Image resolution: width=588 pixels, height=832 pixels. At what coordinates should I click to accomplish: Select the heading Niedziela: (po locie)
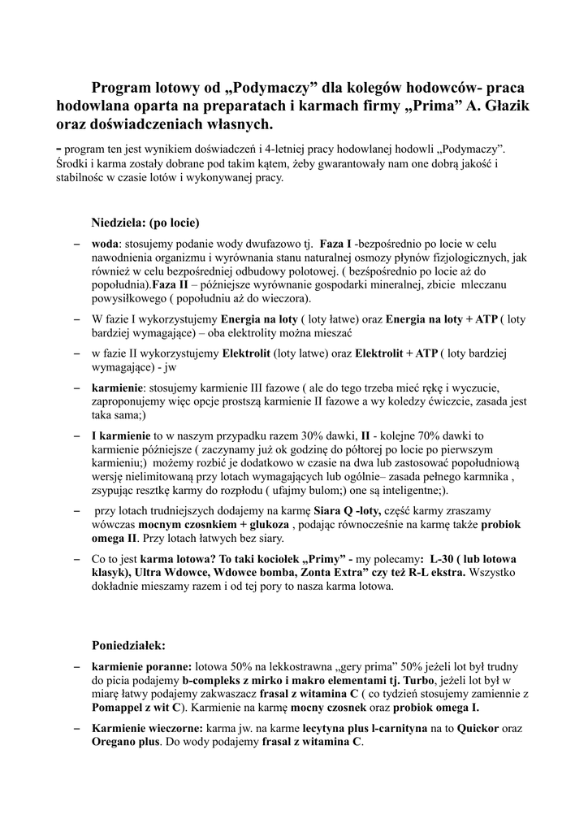coord(145,222)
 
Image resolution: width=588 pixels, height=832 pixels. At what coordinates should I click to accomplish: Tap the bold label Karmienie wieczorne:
coord(148,729)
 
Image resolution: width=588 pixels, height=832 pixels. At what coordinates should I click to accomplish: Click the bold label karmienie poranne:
coord(141,665)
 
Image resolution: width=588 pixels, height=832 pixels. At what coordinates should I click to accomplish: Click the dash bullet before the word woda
coord(76,244)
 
